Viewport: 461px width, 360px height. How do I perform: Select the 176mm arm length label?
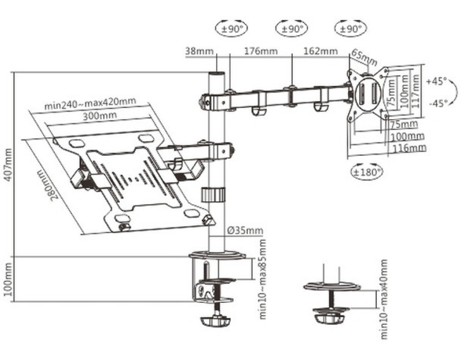261,51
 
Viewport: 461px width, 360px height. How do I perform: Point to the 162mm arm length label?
321,51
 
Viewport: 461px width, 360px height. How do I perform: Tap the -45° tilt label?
438,103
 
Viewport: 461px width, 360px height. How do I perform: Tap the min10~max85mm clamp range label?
263,279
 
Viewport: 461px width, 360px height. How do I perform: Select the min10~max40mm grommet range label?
384,299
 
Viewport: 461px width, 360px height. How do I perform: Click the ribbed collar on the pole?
213,195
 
